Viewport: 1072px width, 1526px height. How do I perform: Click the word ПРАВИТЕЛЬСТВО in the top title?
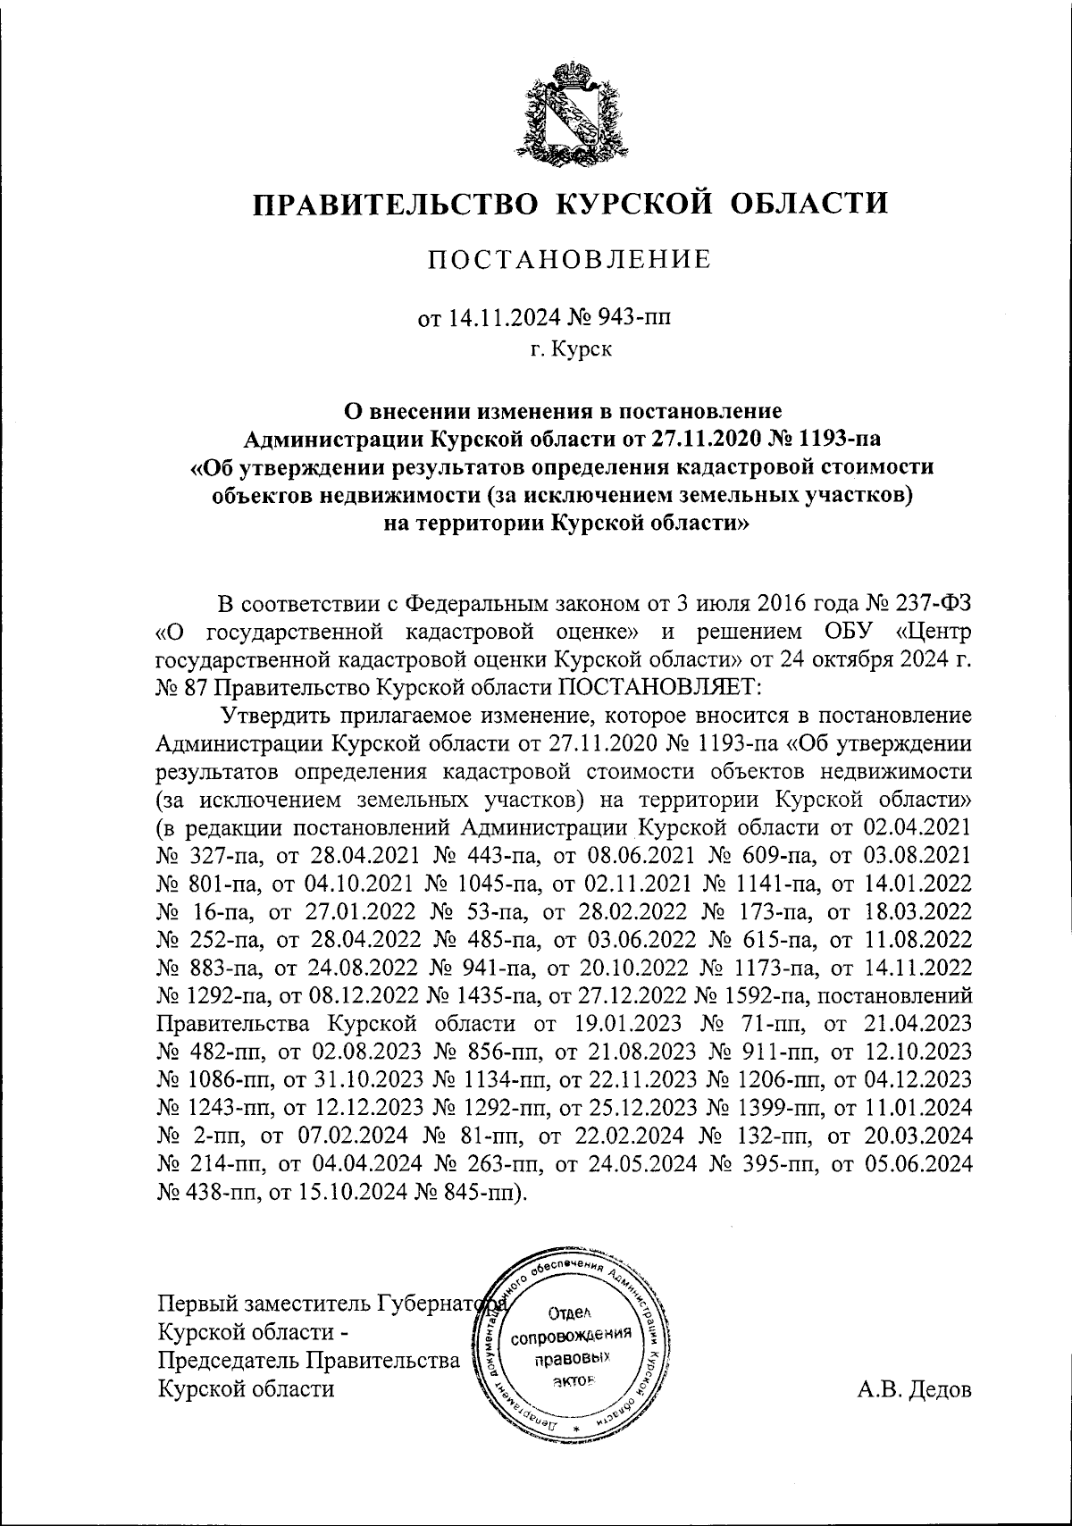tap(396, 204)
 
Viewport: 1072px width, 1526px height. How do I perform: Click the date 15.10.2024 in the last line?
tap(354, 1195)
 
